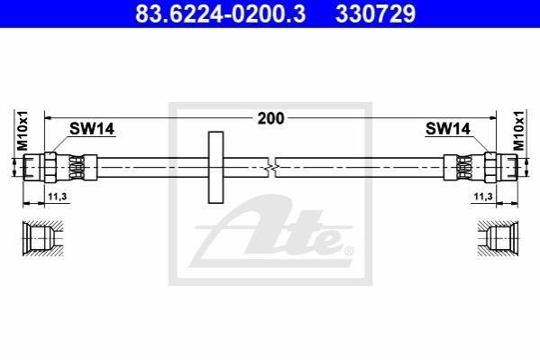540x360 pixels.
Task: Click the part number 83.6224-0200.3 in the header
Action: click(x=220, y=14)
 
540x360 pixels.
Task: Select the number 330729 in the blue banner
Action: click(x=375, y=14)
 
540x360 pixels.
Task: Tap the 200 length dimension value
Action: click(x=271, y=118)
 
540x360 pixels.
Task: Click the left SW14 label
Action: click(x=92, y=129)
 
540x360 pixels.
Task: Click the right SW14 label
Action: click(x=448, y=129)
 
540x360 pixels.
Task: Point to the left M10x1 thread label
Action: click(x=23, y=130)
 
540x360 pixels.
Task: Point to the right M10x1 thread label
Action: click(x=518, y=130)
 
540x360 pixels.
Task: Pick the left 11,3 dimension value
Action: click(x=57, y=197)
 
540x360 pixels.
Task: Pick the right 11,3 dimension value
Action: click(x=483, y=197)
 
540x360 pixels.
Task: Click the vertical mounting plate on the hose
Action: click(x=216, y=167)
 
